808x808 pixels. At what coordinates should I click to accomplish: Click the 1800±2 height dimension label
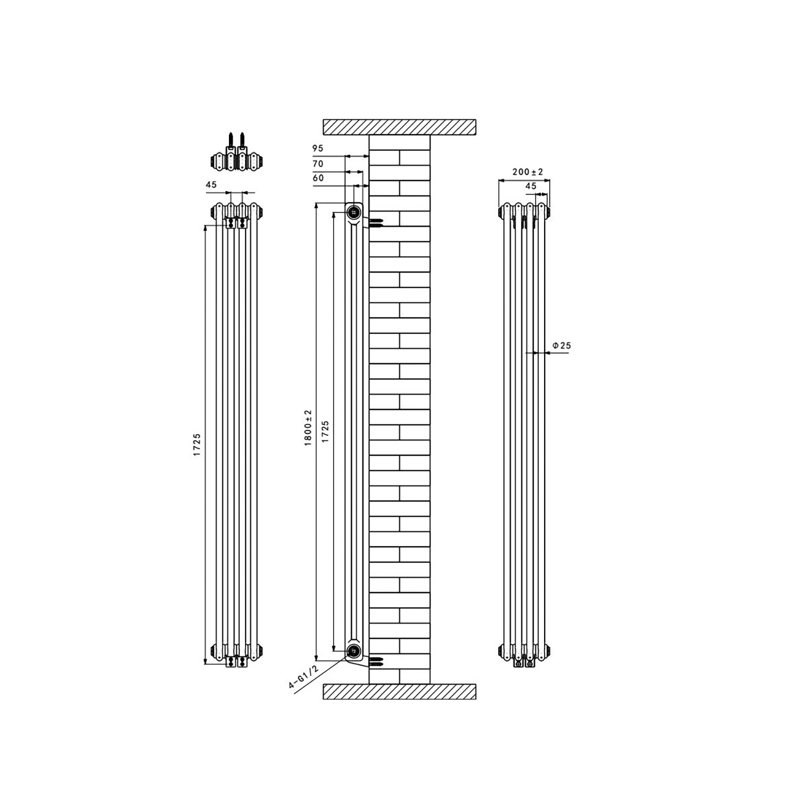coord(308,427)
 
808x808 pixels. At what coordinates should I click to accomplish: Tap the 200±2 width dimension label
coord(528,172)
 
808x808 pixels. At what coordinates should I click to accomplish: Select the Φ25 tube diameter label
coord(561,346)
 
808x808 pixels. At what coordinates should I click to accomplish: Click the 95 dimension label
coord(317,148)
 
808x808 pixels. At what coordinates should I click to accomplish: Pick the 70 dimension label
coord(317,163)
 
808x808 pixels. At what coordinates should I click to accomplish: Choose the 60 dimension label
coord(318,178)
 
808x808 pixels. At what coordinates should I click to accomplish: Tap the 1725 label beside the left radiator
coord(197,445)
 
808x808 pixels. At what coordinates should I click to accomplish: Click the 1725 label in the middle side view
coord(325,432)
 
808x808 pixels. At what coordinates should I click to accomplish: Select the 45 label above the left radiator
coord(211,184)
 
